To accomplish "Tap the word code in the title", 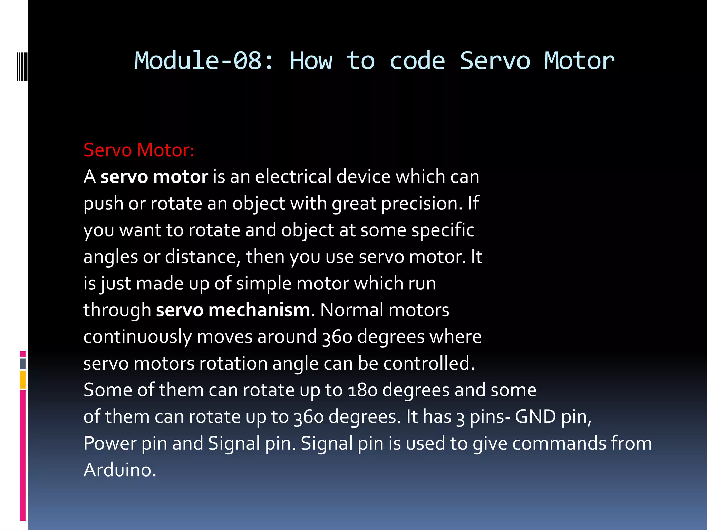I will pos(417,61).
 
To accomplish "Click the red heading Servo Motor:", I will pos(139,150).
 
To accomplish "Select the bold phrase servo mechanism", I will pos(233,310).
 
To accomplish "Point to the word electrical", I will pos(293,177).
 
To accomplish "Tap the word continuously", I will pos(137,337).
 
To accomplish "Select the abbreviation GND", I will pos(535,417).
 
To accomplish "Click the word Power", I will pos(110,443).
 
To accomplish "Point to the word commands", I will pos(559,443).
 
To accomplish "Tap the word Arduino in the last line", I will pos(120,470).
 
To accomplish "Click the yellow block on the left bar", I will pos(22,380).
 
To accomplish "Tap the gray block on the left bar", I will pos(22,364).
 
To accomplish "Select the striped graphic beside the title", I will pos(22,66).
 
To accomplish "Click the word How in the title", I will pos(311,61).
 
